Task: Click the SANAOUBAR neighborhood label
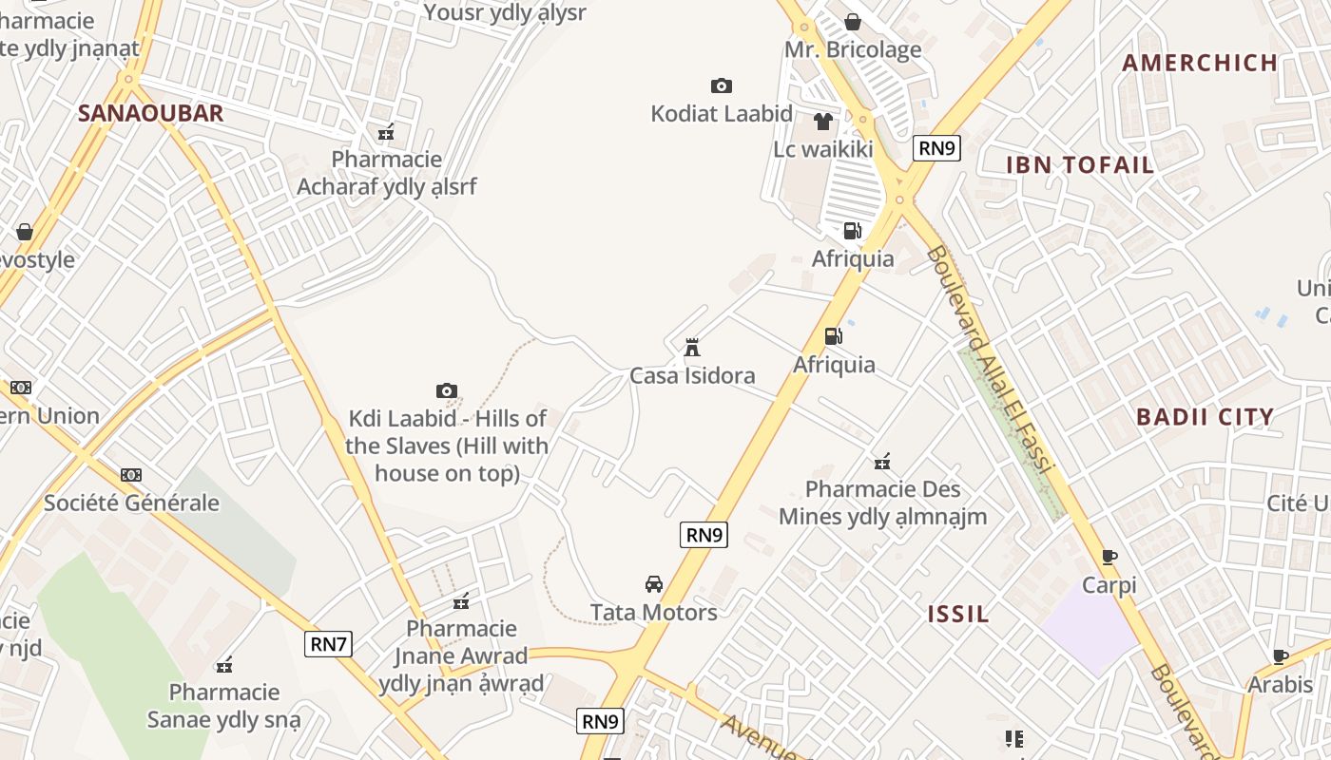pos(150,113)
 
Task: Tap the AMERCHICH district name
pos(1200,63)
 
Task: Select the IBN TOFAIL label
pos(1080,164)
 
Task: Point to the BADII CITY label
pos(1205,416)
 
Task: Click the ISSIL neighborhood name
pos(958,614)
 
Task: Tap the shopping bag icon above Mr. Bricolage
pos(853,21)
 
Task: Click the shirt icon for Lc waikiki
pos(823,122)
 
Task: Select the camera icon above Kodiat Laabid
pos(722,85)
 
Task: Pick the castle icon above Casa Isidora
pos(692,348)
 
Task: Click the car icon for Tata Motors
pos(654,583)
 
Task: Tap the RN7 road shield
pos(329,644)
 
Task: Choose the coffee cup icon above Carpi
pos(1109,557)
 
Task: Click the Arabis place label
pos(1280,684)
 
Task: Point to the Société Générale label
pos(131,503)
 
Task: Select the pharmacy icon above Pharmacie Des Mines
pos(882,462)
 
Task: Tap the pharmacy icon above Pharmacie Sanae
pos(224,665)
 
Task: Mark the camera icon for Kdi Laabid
pos(447,390)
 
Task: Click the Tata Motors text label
pos(654,612)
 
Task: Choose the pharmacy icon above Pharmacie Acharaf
pos(386,131)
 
